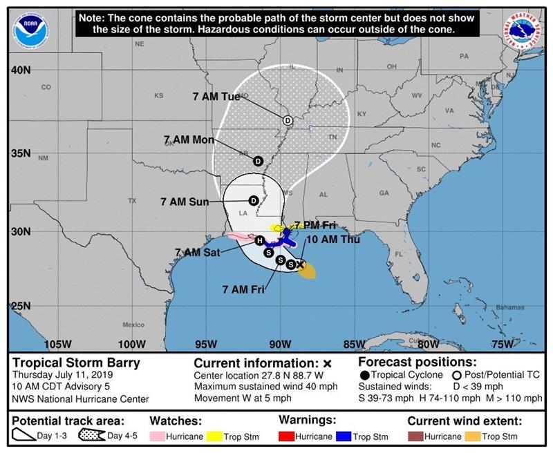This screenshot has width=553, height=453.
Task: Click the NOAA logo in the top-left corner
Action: [x=32, y=30]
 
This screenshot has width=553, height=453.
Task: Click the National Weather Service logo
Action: [x=523, y=30]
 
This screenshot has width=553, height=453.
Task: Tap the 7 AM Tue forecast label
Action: [x=216, y=97]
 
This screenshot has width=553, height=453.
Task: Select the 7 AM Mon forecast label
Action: [x=189, y=139]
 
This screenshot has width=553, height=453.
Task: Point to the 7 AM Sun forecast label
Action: [x=185, y=202]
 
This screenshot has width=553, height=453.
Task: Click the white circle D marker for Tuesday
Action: [x=288, y=120]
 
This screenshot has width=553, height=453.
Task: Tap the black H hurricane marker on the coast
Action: [x=259, y=241]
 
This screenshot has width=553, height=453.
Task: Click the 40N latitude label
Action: [x=21, y=70]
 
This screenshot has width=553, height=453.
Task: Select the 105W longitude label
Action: [x=57, y=344]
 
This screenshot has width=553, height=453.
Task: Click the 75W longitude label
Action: [x=503, y=344]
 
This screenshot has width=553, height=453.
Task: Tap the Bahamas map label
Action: [x=510, y=307]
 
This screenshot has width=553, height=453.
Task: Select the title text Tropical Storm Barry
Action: [x=76, y=363]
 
